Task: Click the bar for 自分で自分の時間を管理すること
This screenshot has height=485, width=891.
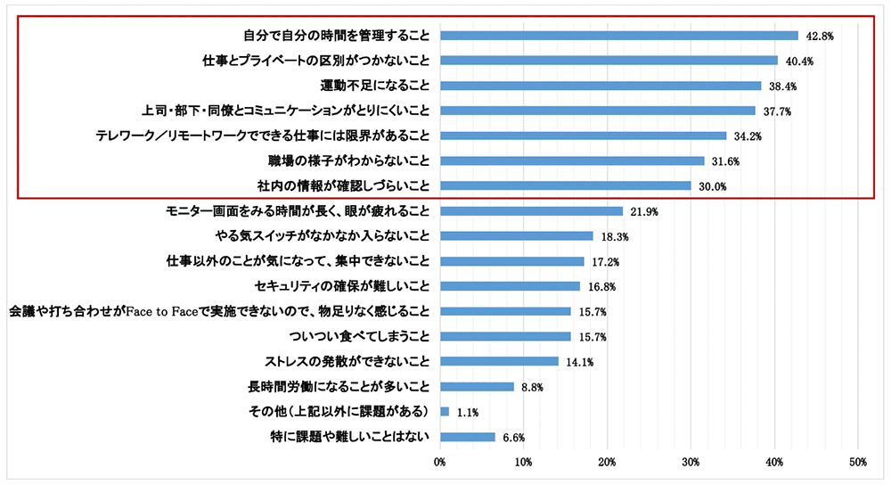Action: click(x=619, y=36)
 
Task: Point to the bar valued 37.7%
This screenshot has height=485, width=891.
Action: click(x=598, y=111)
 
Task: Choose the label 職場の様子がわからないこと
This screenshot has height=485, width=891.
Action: click(x=343, y=161)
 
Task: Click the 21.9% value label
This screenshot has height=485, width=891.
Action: click(x=643, y=211)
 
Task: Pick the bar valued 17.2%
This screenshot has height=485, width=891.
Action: click(x=512, y=262)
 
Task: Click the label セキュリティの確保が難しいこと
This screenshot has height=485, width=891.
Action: click(x=342, y=287)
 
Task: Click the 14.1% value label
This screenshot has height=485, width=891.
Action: click(x=578, y=362)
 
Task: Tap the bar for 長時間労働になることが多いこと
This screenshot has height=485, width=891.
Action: click(x=477, y=387)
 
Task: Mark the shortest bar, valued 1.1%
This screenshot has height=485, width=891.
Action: click(x=445, y=412)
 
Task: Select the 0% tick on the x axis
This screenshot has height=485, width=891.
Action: click(x=440, y=462)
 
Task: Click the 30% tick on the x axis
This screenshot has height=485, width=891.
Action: click(x=691, y=462)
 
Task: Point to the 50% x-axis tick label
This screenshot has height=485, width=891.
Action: click(x=857, y=462)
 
